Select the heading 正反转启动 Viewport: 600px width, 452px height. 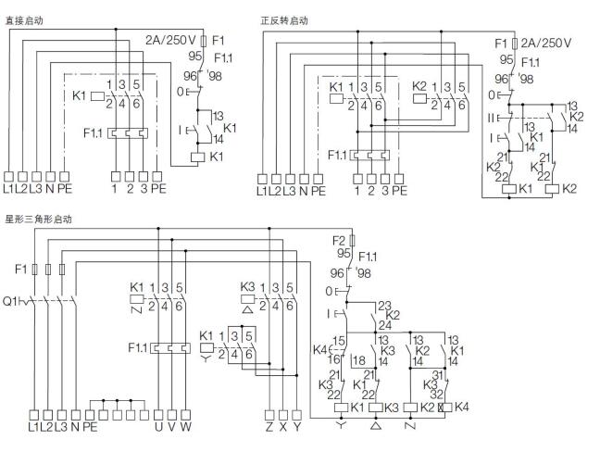point(286,19)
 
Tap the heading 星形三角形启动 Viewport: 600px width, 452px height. point(38,220)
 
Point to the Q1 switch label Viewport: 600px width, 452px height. point(11,301)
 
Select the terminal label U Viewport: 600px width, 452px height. point(158,427)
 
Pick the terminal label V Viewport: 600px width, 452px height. point(173,427)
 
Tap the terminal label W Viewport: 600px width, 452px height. point(188,427)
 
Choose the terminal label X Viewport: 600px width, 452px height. point(283,427)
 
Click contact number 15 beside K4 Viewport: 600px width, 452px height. point(339,340)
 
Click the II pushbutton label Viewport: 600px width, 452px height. point(492,119)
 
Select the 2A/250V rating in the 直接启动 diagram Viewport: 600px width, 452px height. point(169,40)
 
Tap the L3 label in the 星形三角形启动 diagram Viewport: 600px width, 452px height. point(62,427)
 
